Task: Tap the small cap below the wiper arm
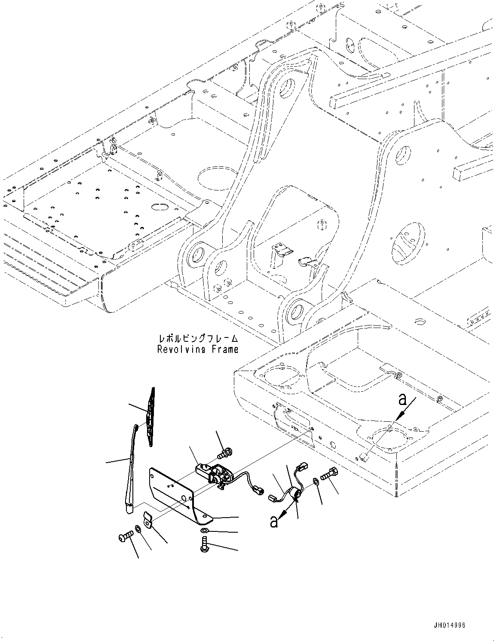147,519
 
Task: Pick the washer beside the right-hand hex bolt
316,480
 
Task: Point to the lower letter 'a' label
273,521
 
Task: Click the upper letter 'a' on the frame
402,399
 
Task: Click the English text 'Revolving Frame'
197,349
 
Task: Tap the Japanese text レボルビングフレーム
197,339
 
